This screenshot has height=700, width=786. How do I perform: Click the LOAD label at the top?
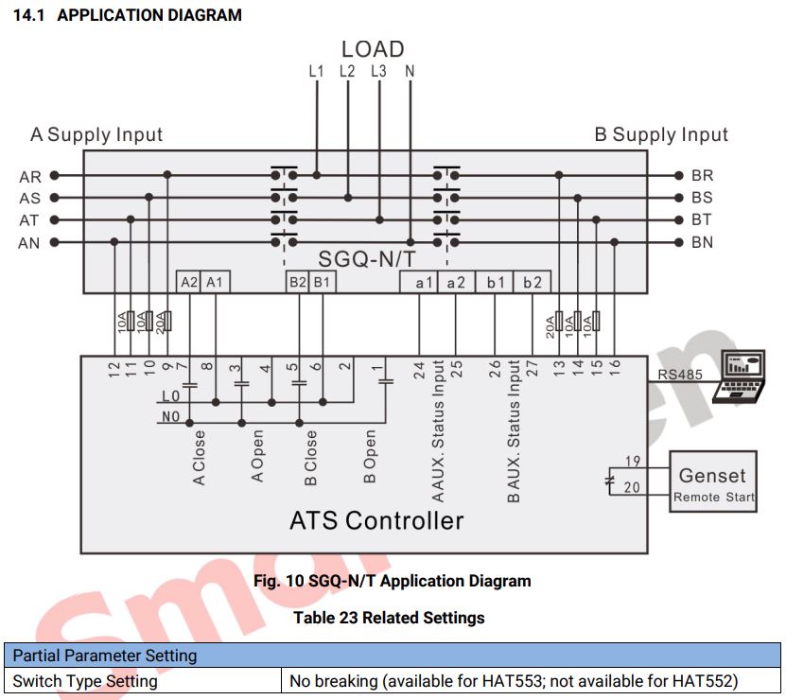point(373,49)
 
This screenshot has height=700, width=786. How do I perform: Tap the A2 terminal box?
point(189,282)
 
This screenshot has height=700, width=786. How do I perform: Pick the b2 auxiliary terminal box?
point(533,282)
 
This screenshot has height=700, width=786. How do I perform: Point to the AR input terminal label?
point(29,176)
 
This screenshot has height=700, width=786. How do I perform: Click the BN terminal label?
point(702,243)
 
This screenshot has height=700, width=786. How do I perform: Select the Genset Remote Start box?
point(712,481)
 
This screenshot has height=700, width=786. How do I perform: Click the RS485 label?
point(680,376)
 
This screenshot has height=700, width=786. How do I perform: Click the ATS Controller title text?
point(376,520)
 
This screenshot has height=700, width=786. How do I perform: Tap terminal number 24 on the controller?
point(420,368)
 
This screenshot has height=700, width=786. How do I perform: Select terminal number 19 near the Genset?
point(633,462)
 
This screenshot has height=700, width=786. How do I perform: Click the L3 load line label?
point(378,71)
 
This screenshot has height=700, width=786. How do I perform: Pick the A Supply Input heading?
point(96,135)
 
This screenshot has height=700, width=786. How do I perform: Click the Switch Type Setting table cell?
point(85,680)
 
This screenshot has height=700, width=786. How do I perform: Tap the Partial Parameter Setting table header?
point(105,656)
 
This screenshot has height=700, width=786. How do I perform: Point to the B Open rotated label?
point(370,457)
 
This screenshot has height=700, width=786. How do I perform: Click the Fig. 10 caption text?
point(392,581)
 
